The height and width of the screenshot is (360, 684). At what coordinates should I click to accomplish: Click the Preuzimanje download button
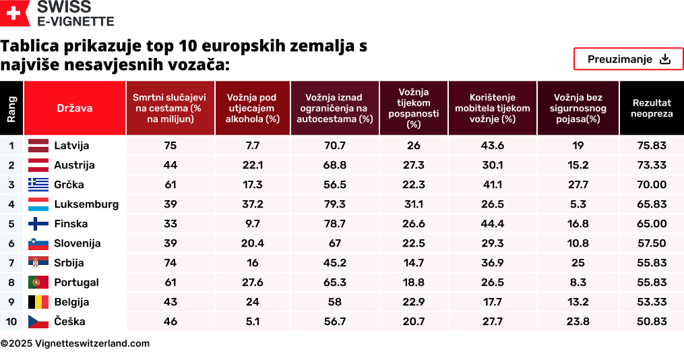coord(628,59)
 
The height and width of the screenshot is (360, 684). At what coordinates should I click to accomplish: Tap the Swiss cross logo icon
coord(15,13)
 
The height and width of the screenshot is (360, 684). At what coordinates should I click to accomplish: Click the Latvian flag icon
coord(38,145)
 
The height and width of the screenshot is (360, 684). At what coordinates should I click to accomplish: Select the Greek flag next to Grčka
coord(38,185)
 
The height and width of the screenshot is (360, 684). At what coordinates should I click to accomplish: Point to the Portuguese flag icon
coord(38,282)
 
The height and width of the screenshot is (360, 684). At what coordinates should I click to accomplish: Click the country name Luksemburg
coord(86,204)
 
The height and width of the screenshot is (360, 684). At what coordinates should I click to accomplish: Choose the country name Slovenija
coord(77,243)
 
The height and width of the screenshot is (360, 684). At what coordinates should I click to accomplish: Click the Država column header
coord(75,108)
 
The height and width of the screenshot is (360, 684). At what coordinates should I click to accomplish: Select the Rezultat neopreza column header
coord(651,108)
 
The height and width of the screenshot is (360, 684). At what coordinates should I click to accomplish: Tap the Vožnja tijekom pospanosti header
coord(413,108)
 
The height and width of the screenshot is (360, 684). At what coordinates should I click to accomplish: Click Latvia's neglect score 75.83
coord(651,146)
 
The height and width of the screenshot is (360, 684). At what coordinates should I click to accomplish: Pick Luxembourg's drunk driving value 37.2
coord(253,204)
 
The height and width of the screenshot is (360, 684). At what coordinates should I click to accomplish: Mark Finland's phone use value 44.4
coord(493,224)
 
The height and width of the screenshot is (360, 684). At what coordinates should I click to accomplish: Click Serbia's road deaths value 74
coord(170,263)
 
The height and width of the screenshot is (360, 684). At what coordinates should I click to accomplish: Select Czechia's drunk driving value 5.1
coord(253,322)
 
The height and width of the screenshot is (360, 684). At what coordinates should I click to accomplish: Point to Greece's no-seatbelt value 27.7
coord(578,185)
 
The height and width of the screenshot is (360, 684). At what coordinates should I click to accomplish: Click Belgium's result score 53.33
coord(651,302)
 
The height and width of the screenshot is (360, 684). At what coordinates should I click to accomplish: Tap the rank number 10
coord(11,322)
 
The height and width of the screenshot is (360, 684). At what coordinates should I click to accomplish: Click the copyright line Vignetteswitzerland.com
coord(75,343)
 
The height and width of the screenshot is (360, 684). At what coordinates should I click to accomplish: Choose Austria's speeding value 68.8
coord(334,165)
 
